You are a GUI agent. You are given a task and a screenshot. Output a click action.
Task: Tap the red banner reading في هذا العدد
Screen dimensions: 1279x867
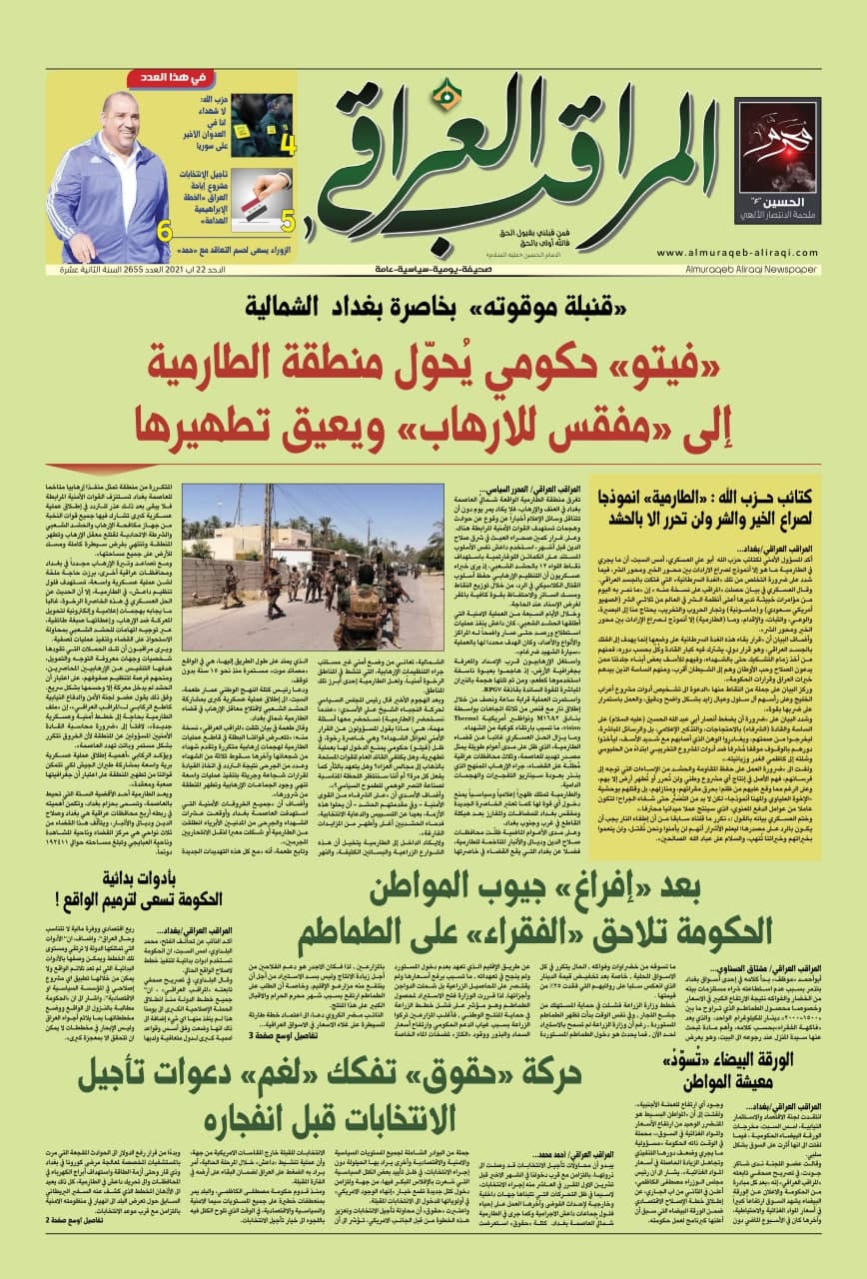[x=247, y=78]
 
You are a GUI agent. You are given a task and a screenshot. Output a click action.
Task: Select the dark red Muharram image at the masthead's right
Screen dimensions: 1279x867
[x=776, y=162]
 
